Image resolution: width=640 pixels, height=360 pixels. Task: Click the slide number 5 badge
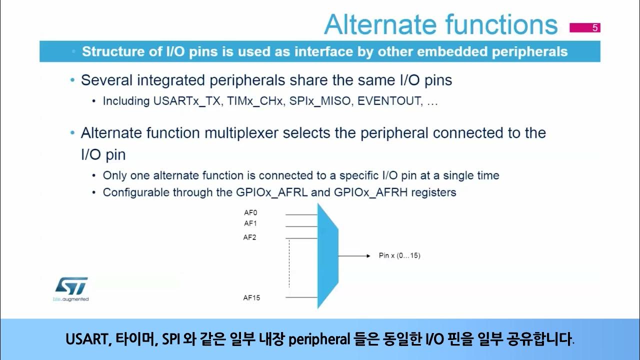tap(584, 28)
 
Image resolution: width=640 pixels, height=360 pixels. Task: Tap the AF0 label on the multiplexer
tap(250, 212)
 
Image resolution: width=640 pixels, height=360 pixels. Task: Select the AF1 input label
tap(250, 223)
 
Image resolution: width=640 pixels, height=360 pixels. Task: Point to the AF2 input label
tap(250, 237)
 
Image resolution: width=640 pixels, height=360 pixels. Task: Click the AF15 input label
tap(251, 298)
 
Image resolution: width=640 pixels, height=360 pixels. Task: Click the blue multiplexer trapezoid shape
tap(327, 256)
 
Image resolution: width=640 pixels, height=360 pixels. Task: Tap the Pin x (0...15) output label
tap(399, 256)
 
